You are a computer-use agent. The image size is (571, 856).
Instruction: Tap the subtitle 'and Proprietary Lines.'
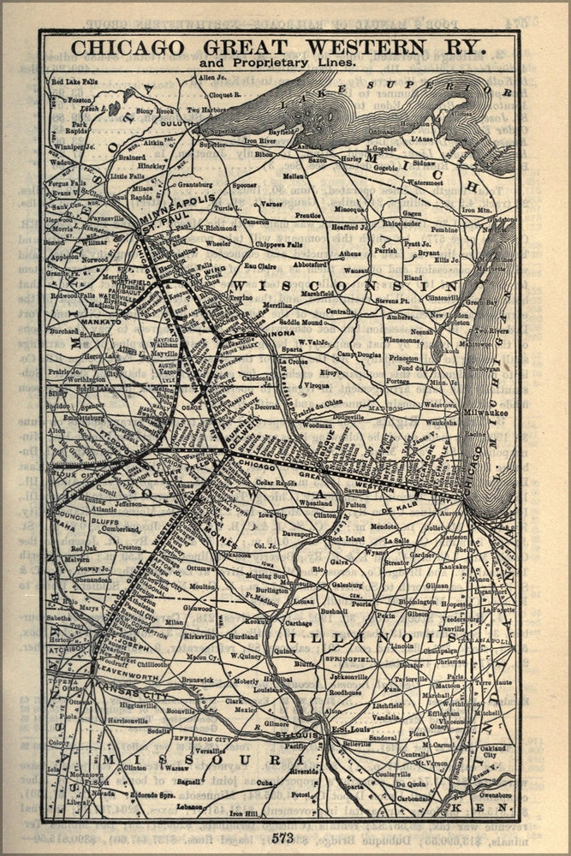[x=278, y=63]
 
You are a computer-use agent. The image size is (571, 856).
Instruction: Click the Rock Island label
[x=347, y=539]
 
